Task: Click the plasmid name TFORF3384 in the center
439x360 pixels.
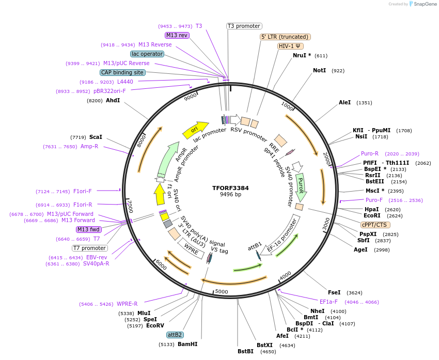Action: click(230, 188)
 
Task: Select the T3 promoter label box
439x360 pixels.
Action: click(244, 26)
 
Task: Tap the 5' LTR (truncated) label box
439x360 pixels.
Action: click(285, 37)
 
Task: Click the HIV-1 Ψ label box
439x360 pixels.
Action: click(290, 46)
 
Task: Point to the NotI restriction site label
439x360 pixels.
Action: click(319, 70)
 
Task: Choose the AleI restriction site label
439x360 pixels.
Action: click(344, 103)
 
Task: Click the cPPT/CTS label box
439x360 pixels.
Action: click(375, 225)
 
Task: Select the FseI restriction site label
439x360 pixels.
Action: click(334, 292)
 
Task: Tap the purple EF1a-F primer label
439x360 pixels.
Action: click(328, 302)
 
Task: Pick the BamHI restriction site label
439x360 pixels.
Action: click(187, 344)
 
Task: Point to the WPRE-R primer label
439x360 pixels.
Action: click(127, 304)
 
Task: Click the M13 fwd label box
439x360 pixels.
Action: click(88, 229)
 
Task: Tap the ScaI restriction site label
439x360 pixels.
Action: click(96, 137)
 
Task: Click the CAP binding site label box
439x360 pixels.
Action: click(122, 73)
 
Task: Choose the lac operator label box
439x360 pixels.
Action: click(147, 54)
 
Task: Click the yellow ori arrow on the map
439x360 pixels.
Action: click(195, 130)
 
